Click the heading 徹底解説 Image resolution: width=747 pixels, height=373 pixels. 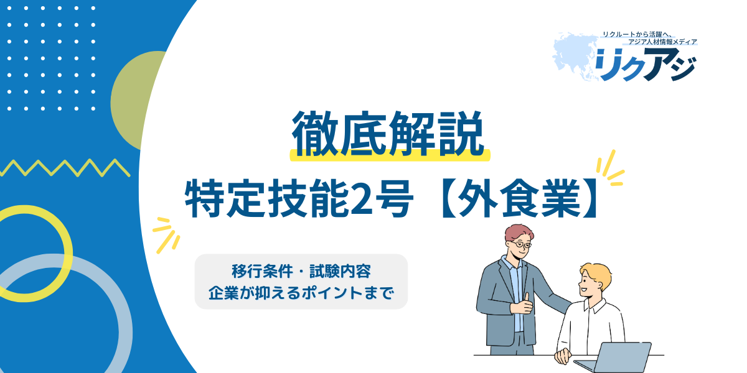coord(387,133)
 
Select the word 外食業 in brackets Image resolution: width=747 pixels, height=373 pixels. coord(519,198)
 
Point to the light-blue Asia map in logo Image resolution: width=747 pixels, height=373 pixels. coord(574,55)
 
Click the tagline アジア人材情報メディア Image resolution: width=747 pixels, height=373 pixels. coord(662,42)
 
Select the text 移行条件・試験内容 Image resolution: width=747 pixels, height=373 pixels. coord(301,272)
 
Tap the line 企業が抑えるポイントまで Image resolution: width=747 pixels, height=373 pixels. coord(301,293)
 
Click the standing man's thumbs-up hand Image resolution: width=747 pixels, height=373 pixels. coord(522,304)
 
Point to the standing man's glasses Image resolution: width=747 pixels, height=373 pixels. coord(521,245)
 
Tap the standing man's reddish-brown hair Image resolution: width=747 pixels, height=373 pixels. coord(518,232)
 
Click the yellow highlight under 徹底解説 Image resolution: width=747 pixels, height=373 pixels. coord(390,156)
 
